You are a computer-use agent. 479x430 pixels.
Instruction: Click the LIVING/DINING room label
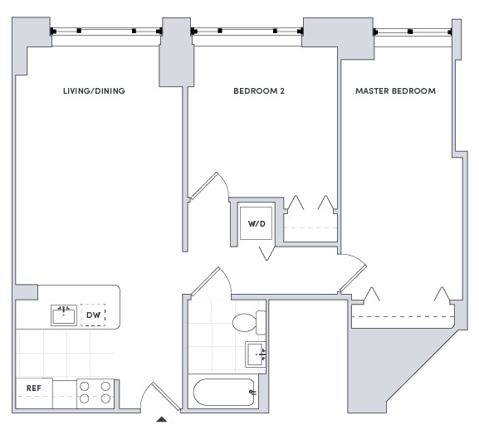(94, 91)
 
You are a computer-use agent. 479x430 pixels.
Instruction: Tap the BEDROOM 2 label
(259, 91)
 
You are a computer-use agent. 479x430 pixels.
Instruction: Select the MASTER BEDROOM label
(396, 91)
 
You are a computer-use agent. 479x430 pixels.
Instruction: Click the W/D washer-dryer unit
(256, 223)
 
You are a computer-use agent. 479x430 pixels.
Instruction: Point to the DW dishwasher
(93, 315)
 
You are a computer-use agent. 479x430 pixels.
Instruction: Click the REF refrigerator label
(33, 388)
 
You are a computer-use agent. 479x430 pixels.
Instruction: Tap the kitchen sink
(64, 315)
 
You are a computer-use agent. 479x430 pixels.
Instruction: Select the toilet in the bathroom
(249, 322)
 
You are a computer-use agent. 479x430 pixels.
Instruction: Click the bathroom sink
(256, 354)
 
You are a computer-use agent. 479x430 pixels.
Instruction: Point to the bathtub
(224, 393)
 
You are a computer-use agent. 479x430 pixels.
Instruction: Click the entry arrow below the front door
(162, 419)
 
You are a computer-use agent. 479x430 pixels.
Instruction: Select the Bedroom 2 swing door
(208, 186)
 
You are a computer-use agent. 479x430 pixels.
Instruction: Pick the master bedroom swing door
(353, 273)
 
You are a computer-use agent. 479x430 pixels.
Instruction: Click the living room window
(106, 32)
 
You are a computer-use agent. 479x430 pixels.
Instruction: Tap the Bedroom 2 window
(247, 32)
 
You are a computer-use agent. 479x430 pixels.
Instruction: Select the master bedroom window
(413, 32)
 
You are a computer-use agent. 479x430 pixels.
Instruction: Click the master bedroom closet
(403, 313)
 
